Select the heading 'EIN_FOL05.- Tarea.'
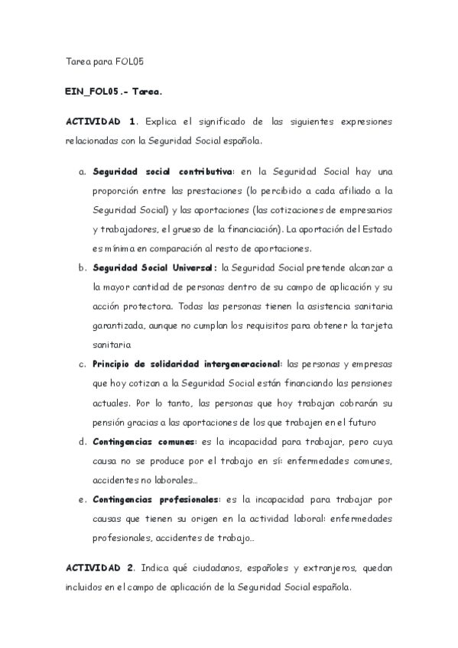(x=112, y=91)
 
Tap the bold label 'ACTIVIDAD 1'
(x=101, y=121)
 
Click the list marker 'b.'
(x=83, y=268)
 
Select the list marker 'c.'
(x=83, y=364)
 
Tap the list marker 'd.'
(x=83, y=442)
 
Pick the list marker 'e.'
(x=83, y=500)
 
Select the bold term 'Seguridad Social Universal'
(x=154, y=268)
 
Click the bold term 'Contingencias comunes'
(x=144, y=442)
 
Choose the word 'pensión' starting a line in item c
(x=111, y=423)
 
